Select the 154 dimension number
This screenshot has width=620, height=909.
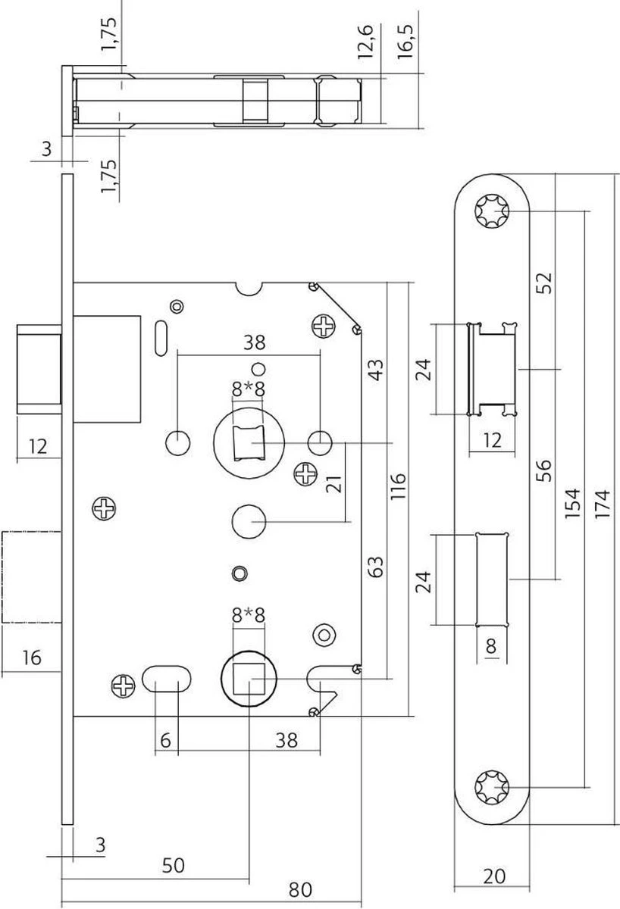click(574, 501)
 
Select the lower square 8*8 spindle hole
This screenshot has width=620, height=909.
click(248, 676)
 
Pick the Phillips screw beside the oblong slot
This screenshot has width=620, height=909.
click(124, 686)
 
